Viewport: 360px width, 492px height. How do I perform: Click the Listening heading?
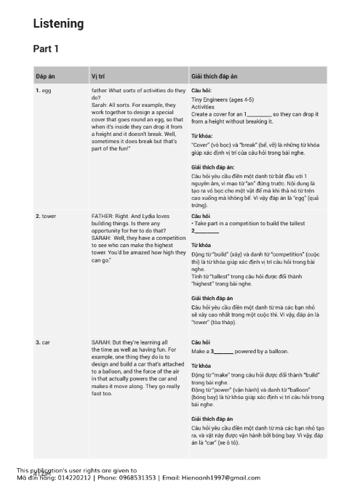(58, 24)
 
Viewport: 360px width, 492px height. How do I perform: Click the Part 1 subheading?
(46, 49)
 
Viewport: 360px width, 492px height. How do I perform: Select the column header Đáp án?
(46, 76)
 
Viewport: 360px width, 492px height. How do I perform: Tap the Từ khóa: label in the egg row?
(201, 136)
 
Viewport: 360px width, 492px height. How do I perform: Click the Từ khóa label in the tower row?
(201, 246)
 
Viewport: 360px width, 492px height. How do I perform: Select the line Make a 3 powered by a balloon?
(240, 351)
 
